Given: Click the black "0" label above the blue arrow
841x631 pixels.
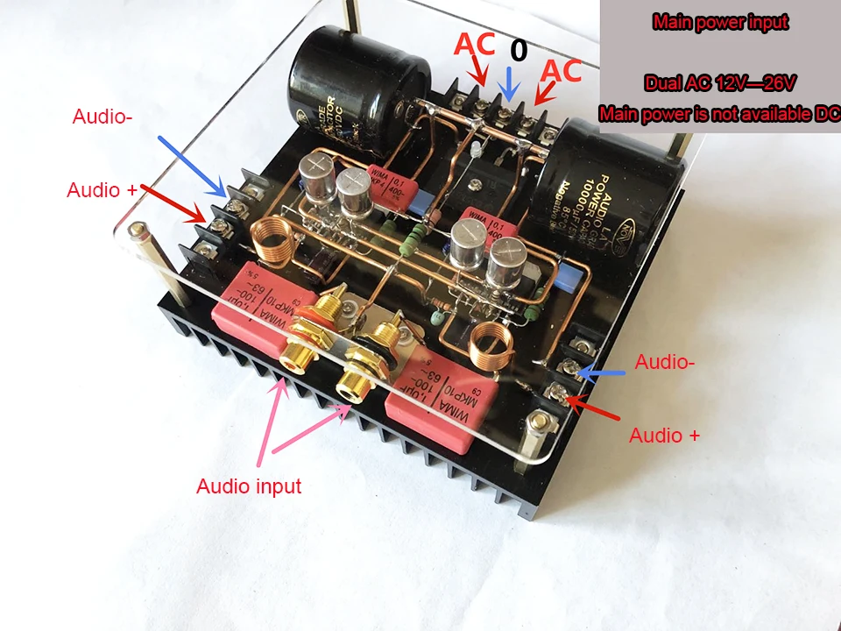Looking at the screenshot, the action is click(x=519, y=51).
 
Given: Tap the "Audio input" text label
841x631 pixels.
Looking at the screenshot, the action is click(x=249, y=486).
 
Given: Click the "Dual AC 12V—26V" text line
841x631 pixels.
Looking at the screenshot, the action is click(x=720, y=84).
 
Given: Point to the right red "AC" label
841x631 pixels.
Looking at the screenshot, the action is click(x=562, y=70).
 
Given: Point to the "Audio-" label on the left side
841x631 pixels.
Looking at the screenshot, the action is click(x=102, y=116).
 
